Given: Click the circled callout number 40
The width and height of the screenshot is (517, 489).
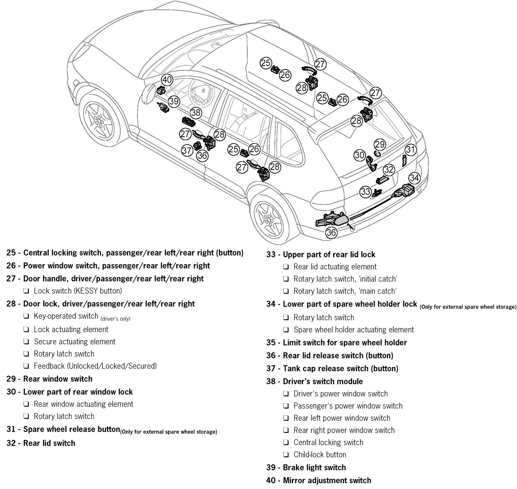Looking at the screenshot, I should [167, 80].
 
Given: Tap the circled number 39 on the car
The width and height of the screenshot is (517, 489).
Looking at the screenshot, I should [174, 101].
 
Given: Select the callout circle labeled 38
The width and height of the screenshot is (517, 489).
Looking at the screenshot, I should [196, 113].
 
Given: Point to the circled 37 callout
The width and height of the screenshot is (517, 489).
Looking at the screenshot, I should [187, 150].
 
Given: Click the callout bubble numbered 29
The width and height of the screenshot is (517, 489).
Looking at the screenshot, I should [380, 144].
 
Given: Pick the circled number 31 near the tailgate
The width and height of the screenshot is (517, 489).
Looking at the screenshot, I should [411, 150].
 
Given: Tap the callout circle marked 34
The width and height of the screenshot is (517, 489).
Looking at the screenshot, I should [414, 178].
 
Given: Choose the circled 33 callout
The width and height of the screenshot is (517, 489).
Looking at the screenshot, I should [365, 192].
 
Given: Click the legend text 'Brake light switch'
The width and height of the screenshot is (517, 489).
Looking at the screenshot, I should [314, 467].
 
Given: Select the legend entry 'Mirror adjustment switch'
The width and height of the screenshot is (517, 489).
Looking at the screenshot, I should [327, 480].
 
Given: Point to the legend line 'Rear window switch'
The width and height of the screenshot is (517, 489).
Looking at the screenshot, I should [58, 379].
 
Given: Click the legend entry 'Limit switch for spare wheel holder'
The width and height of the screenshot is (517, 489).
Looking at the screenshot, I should [345, 343].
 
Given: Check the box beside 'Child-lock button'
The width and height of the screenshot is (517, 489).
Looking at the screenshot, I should [286, 455].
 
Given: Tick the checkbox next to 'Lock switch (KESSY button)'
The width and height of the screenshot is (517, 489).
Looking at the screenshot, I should [26, 291].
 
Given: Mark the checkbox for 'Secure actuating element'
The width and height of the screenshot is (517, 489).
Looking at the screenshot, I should [26, 342].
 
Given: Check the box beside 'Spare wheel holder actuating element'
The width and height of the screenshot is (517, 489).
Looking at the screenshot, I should [286, 330].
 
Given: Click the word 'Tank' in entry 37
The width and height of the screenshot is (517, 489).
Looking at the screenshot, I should [291, 368].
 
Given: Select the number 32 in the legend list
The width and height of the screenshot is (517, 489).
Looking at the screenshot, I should [11, 443].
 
